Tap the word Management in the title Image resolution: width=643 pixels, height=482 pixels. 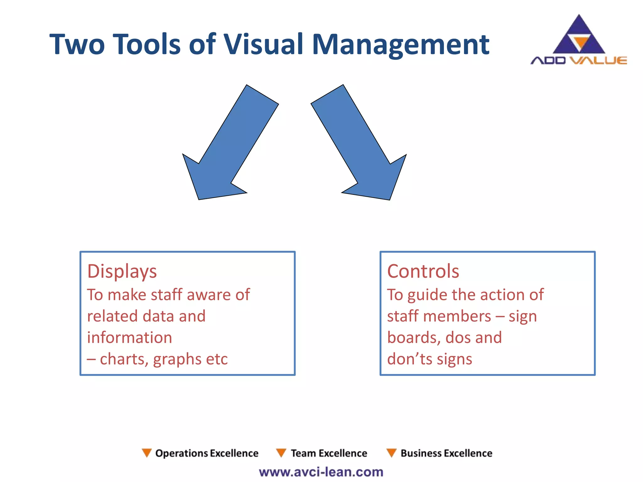click(x=401, y=44)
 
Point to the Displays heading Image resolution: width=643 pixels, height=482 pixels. click(x=122, y=271)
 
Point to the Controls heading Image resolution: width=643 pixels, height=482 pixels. click(x=423, y=271)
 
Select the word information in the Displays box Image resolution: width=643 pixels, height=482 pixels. click(x=129, y=338)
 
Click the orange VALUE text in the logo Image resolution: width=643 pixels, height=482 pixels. click(x=598, y=60)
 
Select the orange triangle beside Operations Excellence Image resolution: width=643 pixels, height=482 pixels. click(x=147, y=453)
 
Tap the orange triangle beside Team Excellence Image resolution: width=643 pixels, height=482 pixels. click(x=281, y=453)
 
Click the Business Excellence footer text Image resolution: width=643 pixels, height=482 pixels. click(x=446, y=453)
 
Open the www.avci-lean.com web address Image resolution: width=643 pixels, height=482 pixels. click(x=321, y=472)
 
